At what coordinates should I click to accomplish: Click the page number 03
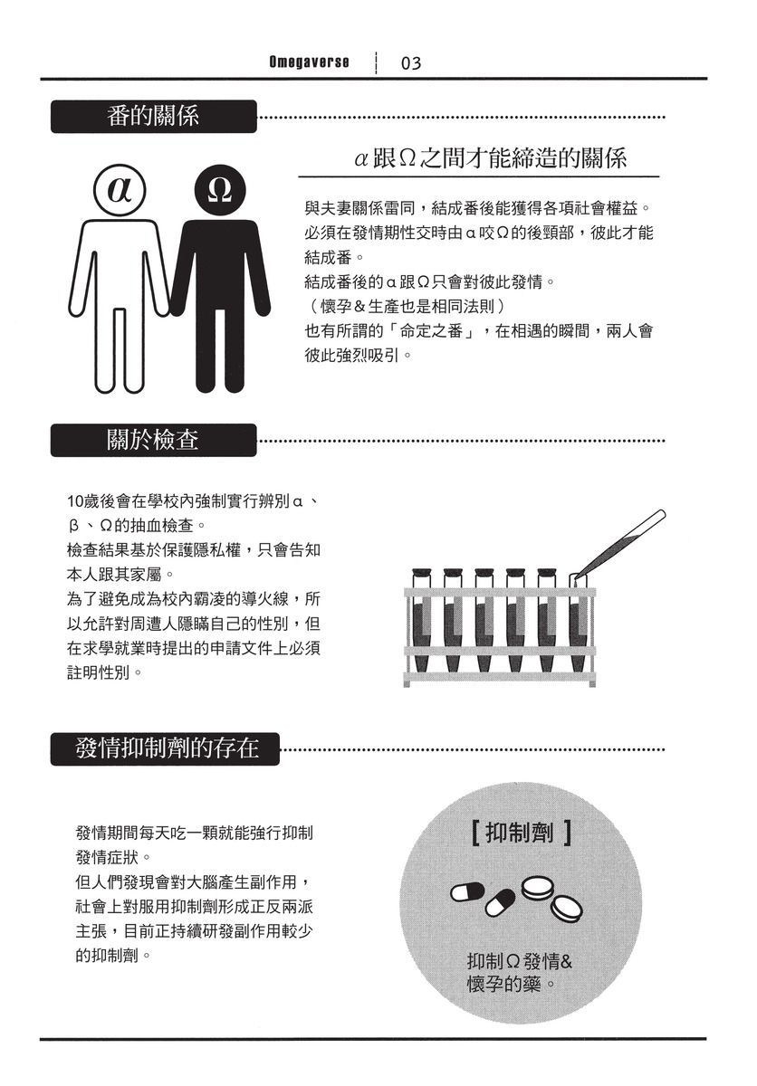click(x=410, y=63)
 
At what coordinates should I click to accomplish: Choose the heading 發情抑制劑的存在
click(x=167, y=748)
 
